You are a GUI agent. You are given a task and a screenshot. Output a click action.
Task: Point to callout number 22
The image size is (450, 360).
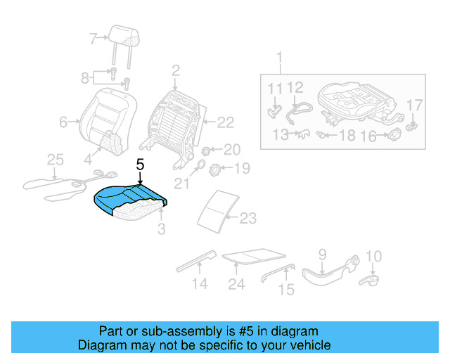coord(224,123)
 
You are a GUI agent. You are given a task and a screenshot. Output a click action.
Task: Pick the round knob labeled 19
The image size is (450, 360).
coord(218,168)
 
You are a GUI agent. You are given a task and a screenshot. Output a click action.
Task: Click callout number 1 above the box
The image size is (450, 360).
coord(280,56)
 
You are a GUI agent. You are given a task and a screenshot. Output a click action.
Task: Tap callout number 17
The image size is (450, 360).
coord(415,105)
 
